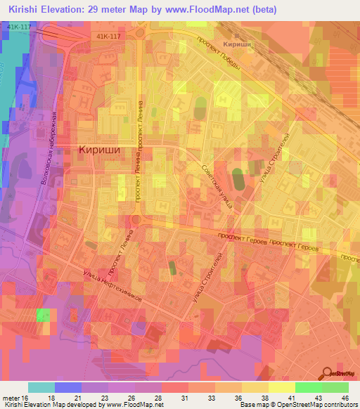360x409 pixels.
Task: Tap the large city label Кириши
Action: pos(98,150)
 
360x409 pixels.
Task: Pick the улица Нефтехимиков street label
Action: pos(112,287)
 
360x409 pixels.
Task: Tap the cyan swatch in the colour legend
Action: pos(41,387)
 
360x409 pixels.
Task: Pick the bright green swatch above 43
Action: pos(309,387)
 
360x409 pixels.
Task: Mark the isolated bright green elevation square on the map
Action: pos(44,314)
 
